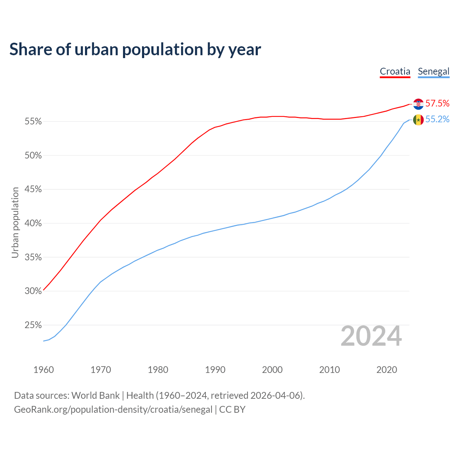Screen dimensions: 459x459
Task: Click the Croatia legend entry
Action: [x=395, y=71]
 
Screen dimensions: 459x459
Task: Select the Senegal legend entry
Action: [x=434, y=71]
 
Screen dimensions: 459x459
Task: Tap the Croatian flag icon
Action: [x=418, y=104]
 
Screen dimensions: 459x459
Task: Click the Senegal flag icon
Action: [x=418, y=120]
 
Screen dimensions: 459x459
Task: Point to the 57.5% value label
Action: [x=437, y=104]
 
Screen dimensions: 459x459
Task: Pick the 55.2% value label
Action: [x=437, y=119]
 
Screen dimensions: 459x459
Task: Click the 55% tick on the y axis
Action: [x=33, y=122]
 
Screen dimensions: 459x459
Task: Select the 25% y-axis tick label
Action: [x=33, y=325]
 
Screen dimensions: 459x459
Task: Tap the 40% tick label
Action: [x=33, y=223]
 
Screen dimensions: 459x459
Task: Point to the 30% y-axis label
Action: [x=33, y=291]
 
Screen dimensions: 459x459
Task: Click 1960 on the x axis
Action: [x=43, y=370]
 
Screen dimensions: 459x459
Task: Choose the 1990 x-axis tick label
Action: [x=215, y=370]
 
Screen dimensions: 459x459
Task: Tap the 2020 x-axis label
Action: [x=387, y=370]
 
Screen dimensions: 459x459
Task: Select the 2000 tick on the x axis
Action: [x=272, y=370]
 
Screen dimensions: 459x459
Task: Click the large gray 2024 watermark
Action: [x=371, y=336]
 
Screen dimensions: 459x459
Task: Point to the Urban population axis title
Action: [x=15, y=223]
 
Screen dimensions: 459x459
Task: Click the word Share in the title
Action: [x=30, y=49]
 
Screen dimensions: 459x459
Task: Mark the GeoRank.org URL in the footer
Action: [x=113, y=410]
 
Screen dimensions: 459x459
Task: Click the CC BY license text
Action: [x=232, y=410]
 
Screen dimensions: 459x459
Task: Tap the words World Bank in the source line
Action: [x=95, y=396]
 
